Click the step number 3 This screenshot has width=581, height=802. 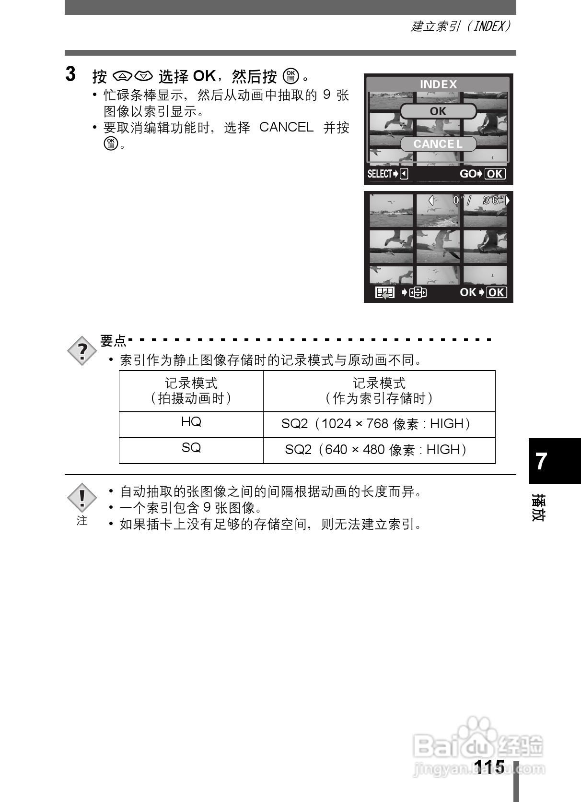70,74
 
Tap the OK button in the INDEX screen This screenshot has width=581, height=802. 438,111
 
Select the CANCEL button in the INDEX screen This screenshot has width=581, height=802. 438,144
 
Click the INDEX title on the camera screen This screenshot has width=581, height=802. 438,84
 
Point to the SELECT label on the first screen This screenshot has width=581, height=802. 380,174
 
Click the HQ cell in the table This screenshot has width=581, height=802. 191,422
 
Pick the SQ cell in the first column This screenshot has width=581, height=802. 191,448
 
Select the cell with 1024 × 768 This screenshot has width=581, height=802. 379,424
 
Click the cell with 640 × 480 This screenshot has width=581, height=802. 379,450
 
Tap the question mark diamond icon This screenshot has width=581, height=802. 82,351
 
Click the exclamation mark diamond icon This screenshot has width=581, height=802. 82,498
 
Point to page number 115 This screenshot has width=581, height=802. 488,767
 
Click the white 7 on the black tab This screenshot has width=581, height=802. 541,461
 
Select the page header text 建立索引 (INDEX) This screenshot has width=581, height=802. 460,26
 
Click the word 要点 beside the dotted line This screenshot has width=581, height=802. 113,341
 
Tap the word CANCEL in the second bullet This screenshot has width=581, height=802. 286,127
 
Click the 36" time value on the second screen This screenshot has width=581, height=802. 494,201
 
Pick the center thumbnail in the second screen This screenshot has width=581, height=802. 438,247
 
